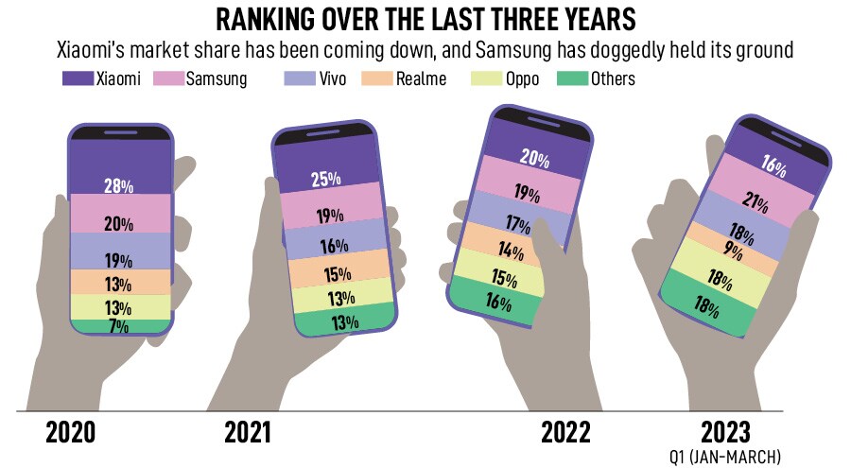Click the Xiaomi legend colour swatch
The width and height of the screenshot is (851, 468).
tap(77, 78)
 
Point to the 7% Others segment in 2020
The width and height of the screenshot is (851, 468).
tap(119, 326)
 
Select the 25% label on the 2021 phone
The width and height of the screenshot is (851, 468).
tap(325, 179)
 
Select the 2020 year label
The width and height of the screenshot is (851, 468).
tap(70, 433)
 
